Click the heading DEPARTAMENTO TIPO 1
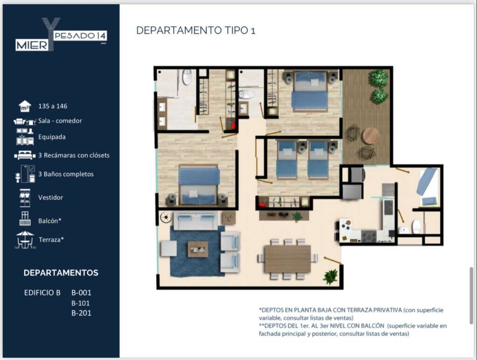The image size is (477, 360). coord(196,30)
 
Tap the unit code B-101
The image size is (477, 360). coord(81,303)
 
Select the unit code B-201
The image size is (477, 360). coord(81,313)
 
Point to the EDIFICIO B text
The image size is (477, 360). coord(42,293)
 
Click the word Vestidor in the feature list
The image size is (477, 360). coord(50,197)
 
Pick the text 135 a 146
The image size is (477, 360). coord(53,106)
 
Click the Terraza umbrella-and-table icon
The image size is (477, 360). coord(25,239)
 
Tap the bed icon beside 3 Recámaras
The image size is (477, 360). coord(25,155)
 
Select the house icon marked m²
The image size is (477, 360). coord(25,106)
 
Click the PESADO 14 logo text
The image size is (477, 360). coord(80,36)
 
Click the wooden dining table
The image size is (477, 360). coord(287,259)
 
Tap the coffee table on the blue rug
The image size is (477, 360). coord(198,249)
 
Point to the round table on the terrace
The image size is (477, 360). coord(370,136)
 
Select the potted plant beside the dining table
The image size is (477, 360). coord(330,276)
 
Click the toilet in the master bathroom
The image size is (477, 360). coord(187,77)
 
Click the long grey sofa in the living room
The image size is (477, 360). coord(196,221)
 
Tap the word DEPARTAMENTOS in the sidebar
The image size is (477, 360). coord(61,273)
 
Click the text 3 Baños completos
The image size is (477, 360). coord(66,174)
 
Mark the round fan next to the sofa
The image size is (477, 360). coord(165,217)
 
